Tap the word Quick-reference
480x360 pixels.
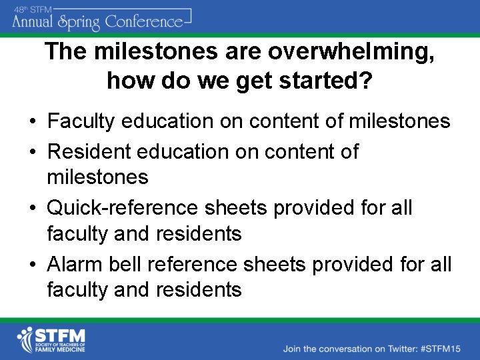tap(122, 208)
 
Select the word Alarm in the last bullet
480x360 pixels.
tap(73, 265)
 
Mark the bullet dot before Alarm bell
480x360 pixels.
tap(32, 265)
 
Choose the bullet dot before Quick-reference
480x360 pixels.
tap(32, 209)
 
